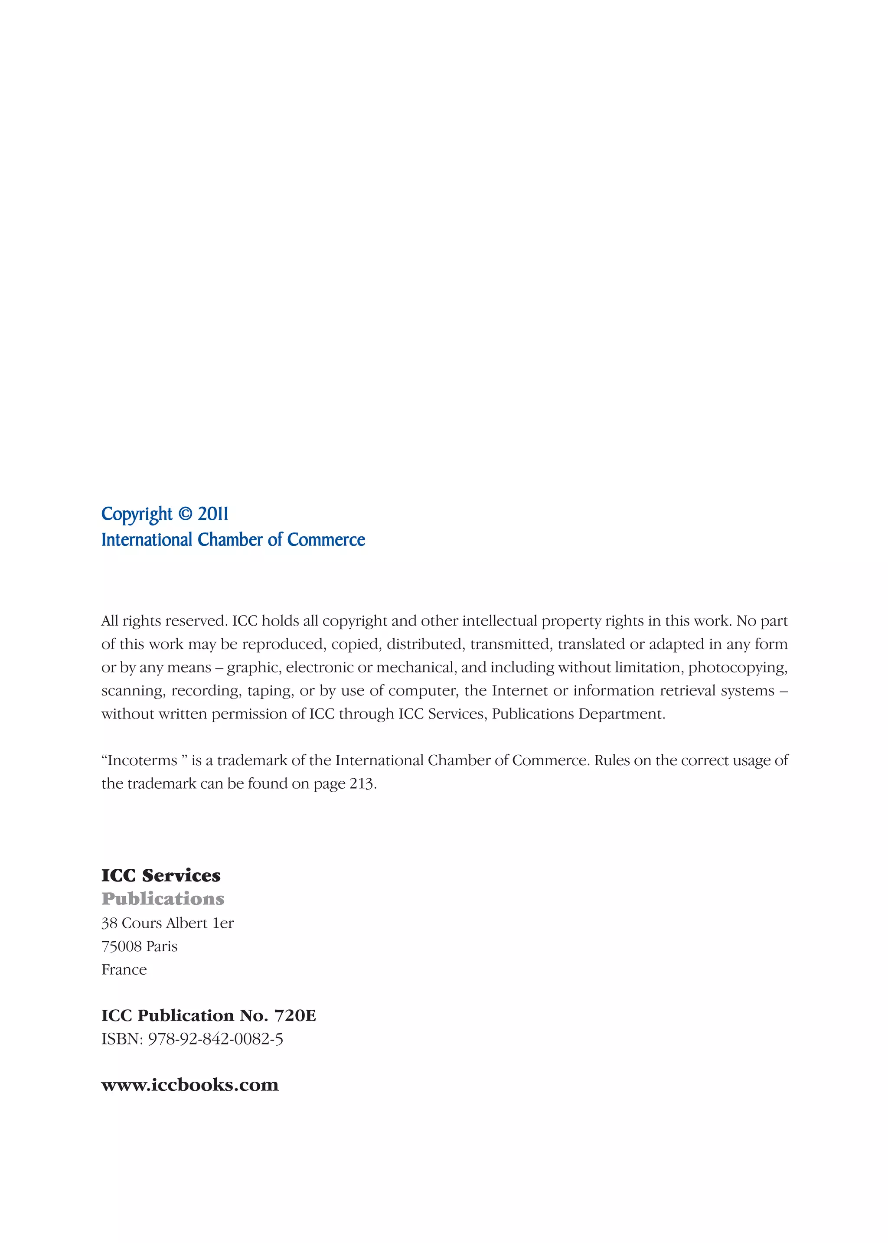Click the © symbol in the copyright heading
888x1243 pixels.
tap(186, 514)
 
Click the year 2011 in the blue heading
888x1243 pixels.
tap(213, 514)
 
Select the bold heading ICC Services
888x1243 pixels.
tap(161, 875)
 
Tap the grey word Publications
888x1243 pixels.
tap(163, 899)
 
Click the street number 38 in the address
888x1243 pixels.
tap(109, 923)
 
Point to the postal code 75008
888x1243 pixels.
tap(121, 946)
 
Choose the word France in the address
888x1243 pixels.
tap(124, 970)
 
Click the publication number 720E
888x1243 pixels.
tap(295, 1016)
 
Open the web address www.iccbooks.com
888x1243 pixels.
tap(190, 1085)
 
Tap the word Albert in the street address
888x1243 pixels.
tap(186, 923)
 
